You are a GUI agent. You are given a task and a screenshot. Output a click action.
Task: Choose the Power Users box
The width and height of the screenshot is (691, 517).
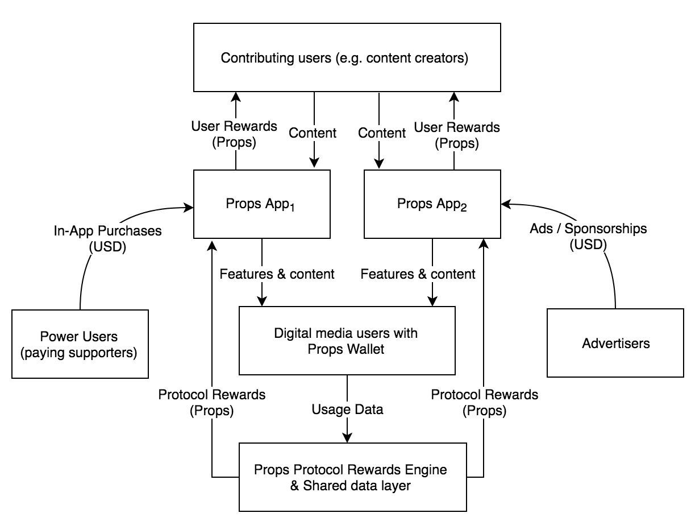pos(80,344)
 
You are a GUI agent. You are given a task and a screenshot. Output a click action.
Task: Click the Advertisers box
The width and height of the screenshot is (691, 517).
pos(615,343)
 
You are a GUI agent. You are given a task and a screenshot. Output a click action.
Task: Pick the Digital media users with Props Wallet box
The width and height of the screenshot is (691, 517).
pos(347,340)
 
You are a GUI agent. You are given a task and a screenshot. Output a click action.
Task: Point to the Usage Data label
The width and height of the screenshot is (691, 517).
pos(347,409)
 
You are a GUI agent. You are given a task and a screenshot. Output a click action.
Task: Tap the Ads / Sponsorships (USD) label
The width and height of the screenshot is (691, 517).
pos(588,237)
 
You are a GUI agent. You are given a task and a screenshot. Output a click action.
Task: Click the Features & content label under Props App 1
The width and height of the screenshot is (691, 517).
pos(277,274)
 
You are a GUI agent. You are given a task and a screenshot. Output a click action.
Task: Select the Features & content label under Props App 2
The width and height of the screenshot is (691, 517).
pos(418,274)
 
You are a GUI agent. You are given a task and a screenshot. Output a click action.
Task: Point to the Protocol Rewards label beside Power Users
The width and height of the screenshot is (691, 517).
pos(211,402)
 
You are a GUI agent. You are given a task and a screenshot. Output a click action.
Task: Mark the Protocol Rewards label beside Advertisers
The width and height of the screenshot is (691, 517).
pos(484,402)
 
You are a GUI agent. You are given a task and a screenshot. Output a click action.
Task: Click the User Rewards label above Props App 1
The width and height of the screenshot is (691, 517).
pos(234,134)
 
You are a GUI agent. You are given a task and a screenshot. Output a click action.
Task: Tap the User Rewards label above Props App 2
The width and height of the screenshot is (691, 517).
pos(457,135)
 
